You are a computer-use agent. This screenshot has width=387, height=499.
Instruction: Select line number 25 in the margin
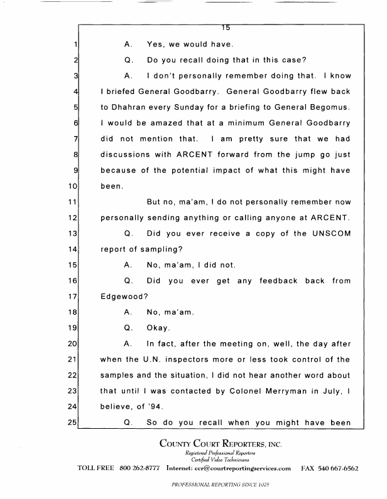[72, 426]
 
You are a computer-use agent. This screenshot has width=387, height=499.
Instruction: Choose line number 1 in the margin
[75, 45]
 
